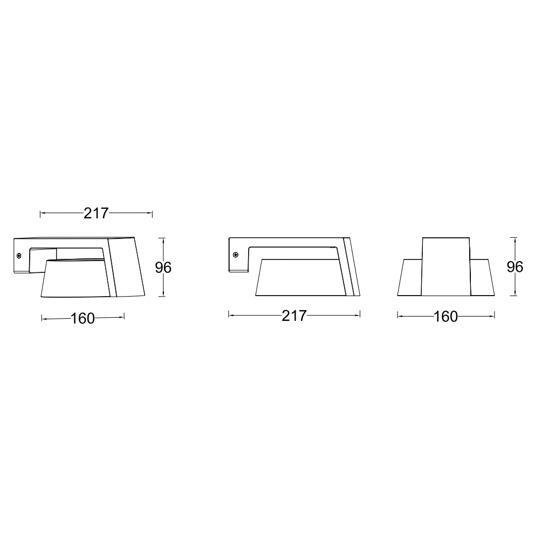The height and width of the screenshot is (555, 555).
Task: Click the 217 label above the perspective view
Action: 96,213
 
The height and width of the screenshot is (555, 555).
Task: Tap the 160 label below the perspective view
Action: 83,319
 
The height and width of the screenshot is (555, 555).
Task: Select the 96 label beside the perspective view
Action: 163,268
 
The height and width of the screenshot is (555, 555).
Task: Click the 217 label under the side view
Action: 294,316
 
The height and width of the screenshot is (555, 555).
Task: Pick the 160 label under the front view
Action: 446,317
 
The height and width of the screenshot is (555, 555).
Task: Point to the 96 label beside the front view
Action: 515,267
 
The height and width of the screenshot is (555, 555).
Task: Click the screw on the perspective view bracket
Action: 19,255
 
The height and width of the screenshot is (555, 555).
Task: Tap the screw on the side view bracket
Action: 235,255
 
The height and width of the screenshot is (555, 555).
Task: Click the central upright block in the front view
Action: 446,266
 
